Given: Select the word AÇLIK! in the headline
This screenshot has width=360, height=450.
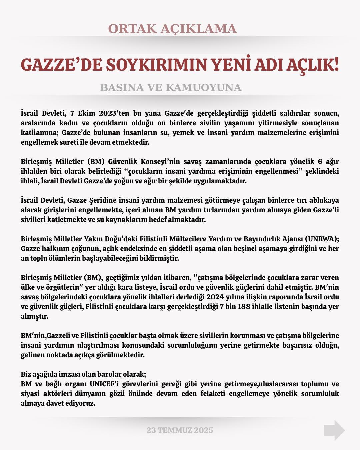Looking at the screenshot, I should click(313, 65).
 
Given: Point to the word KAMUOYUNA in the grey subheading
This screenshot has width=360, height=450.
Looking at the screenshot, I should click(203, 88).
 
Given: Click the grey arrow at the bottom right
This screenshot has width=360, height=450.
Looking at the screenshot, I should click(334, 430).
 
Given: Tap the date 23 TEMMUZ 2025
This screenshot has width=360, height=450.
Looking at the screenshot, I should click(180, 430).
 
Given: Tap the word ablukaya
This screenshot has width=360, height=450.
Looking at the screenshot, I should click(324, 200).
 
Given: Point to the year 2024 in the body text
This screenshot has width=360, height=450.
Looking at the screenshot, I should click(215, 297).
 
